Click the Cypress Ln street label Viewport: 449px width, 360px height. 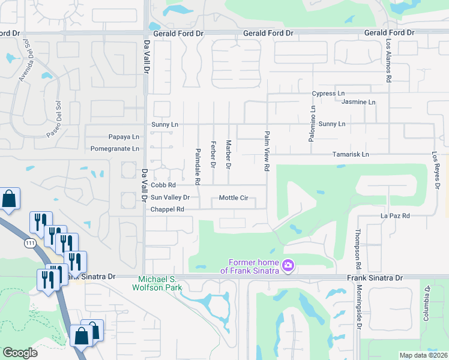328,94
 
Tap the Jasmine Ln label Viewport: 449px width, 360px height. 358,102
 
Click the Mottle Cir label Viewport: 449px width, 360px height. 234,197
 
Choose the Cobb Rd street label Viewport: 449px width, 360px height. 163,185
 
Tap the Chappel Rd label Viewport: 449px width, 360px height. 167,209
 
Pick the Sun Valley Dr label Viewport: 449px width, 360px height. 170,197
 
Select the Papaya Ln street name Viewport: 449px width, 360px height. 124,137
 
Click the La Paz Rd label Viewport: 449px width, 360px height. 395,215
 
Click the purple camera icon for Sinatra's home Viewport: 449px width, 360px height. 288,265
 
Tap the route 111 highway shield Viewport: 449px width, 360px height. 31,244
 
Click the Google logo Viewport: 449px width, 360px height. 20,353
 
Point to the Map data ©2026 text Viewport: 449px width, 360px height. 423,355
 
